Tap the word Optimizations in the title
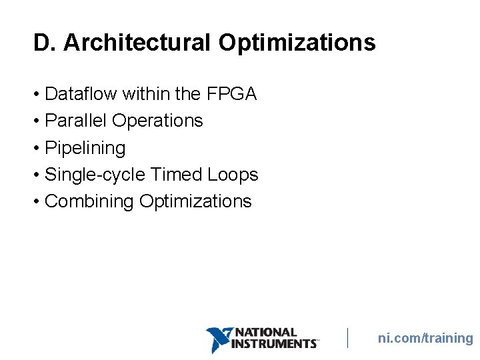point(297,43)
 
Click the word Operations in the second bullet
point(157,121)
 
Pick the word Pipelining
point(85,148)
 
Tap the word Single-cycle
point(95,175)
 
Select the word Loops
point(233,175)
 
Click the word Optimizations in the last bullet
point(195,201)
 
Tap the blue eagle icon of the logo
point(219,339)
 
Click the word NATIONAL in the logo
point(267,332)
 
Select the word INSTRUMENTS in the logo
point(273,343)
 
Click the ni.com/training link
point(425,339)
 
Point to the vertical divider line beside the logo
point(347,338)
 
